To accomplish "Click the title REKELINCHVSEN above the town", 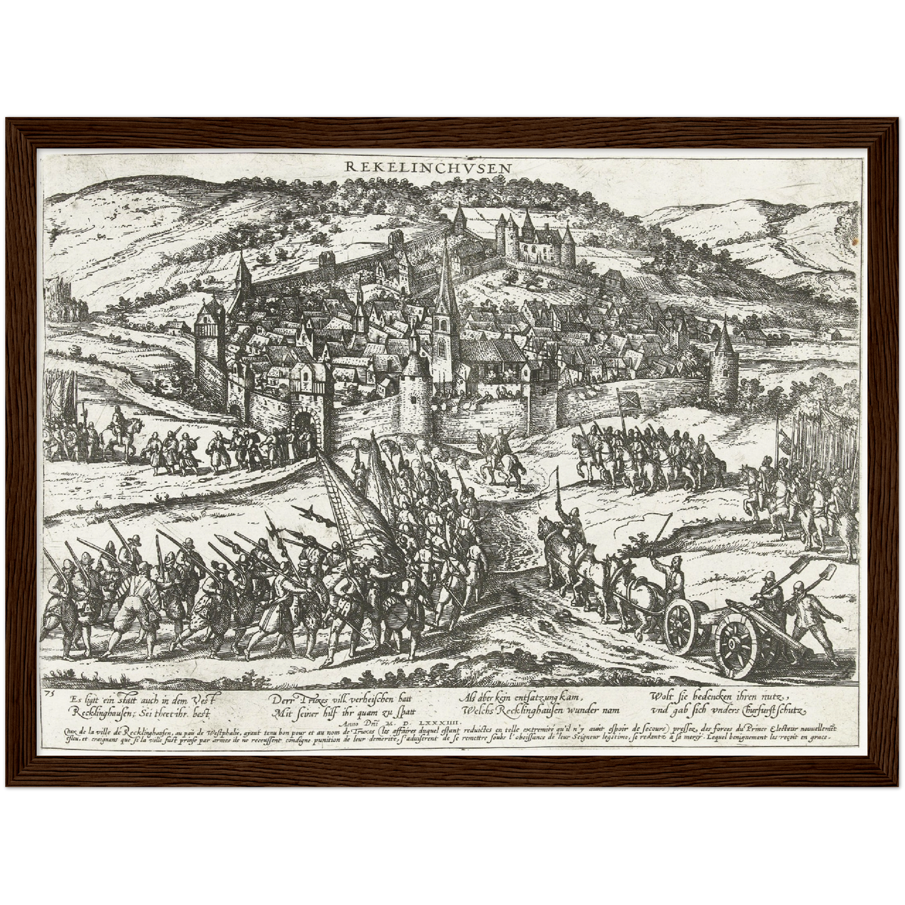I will click(428, 167).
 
